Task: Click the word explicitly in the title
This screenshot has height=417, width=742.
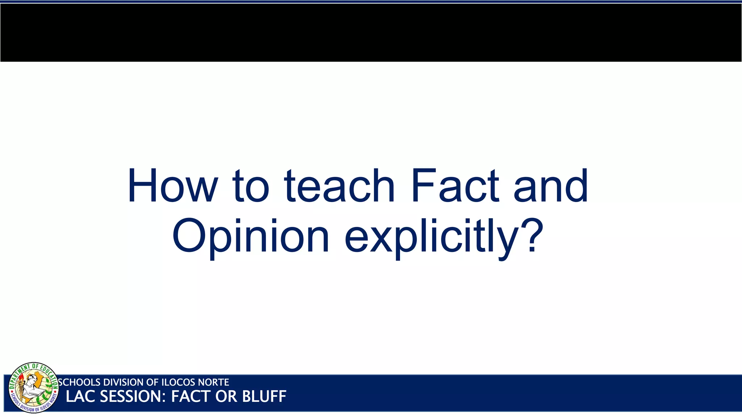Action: (x=431, y=237)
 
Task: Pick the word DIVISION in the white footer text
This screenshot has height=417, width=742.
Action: (x=123, y=382)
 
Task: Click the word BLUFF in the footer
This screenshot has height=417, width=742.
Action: (x=264, y=397)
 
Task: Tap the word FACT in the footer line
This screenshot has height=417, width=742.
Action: (x=191, y=397)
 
